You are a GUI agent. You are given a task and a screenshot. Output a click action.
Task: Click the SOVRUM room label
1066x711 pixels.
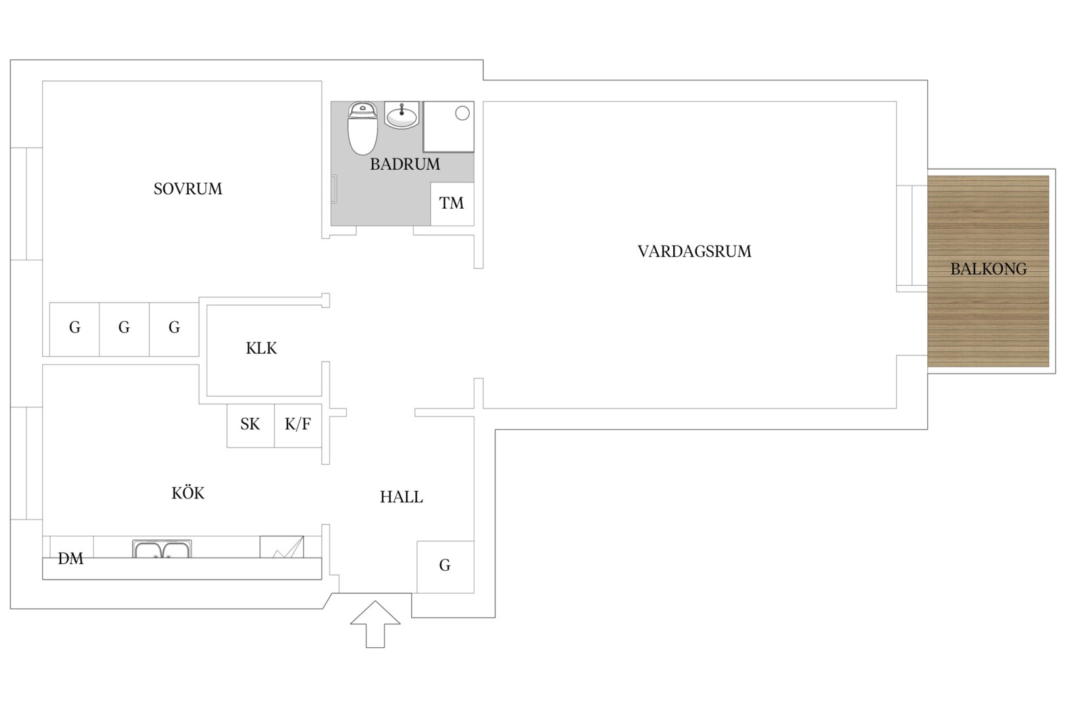tap(188, 189)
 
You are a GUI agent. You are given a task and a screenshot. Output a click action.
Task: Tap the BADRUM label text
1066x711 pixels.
tap(405, 165)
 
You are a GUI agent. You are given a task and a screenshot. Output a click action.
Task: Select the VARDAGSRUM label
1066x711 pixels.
tap(694, 251)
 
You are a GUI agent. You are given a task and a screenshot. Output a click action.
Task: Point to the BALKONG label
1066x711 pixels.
tap(988, 269)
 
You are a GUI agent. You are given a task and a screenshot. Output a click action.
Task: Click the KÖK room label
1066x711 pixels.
tap(188, 492)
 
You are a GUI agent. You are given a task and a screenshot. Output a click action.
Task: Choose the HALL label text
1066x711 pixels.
tap(401, 497)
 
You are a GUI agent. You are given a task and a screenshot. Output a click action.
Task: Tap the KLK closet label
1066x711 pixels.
tap(261, 349)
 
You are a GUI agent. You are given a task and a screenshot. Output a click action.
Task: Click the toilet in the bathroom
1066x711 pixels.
tap(363, 128)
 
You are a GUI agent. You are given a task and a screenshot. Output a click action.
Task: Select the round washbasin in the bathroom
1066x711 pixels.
tap(401, 115)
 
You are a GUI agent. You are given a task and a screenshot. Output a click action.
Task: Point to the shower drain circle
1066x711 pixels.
tap(462, 113)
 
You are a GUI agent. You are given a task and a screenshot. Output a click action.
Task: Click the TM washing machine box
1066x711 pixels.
tap(452, 204)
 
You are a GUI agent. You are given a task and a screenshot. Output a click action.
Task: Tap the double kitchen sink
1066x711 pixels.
tap(162, 548)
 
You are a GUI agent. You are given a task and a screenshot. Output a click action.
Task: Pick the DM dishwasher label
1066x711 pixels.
tap(70, 559)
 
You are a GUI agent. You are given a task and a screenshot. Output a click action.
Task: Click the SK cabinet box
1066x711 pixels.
tap(250, 426)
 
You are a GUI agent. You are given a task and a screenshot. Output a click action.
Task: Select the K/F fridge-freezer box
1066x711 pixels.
tap(298, 426)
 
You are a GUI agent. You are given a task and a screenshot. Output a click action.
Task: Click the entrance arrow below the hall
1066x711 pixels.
tap(375, 624)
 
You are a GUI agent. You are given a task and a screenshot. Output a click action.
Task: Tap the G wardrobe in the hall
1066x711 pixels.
tap(445, 567)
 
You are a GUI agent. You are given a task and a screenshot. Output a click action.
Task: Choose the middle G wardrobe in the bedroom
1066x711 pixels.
tap(124, 329)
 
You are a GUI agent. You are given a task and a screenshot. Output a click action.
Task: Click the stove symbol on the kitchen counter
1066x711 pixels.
tap(282, 547)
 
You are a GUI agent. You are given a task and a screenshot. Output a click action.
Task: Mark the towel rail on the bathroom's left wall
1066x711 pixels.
tap(334, 189)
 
